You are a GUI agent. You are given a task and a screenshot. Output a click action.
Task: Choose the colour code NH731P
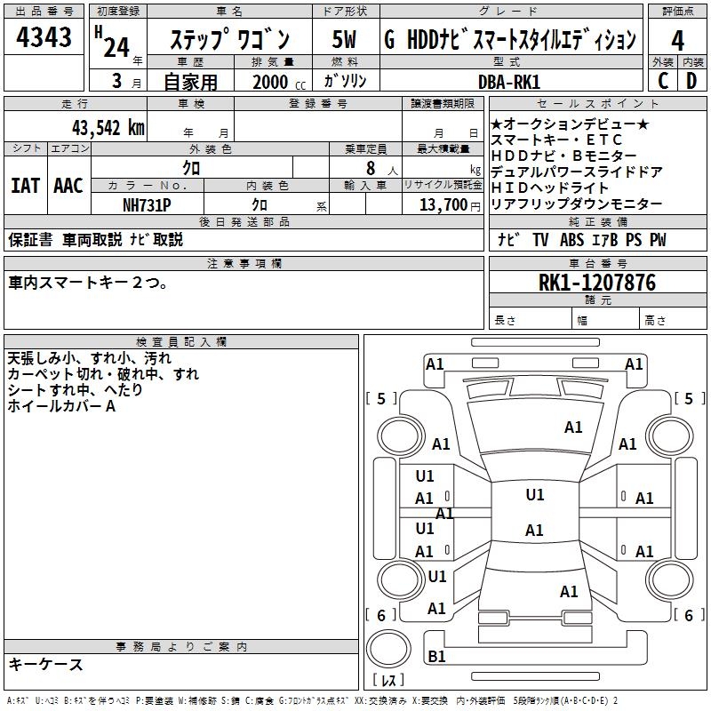click(146, 204)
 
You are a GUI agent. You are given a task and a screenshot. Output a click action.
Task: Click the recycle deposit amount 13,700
click(441, 204)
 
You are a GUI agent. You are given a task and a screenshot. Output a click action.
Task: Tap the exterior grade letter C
click(662, 81)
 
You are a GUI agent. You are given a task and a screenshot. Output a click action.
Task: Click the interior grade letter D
click(691, 81)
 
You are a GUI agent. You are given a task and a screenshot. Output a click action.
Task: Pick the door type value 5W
click(345, 41)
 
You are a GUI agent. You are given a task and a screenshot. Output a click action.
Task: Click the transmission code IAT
click(26, 186)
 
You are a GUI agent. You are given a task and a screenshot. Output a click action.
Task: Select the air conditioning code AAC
click(68, 186)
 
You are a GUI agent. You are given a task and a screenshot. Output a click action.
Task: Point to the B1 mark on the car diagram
click(436, 657)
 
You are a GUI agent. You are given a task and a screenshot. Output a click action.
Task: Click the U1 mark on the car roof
click(534, 495)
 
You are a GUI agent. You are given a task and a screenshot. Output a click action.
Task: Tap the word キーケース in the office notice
click(45, 665)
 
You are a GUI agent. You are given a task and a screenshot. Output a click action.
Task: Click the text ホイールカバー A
click(62, 406)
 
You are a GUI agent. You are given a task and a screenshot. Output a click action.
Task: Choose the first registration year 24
click(116, 46)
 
